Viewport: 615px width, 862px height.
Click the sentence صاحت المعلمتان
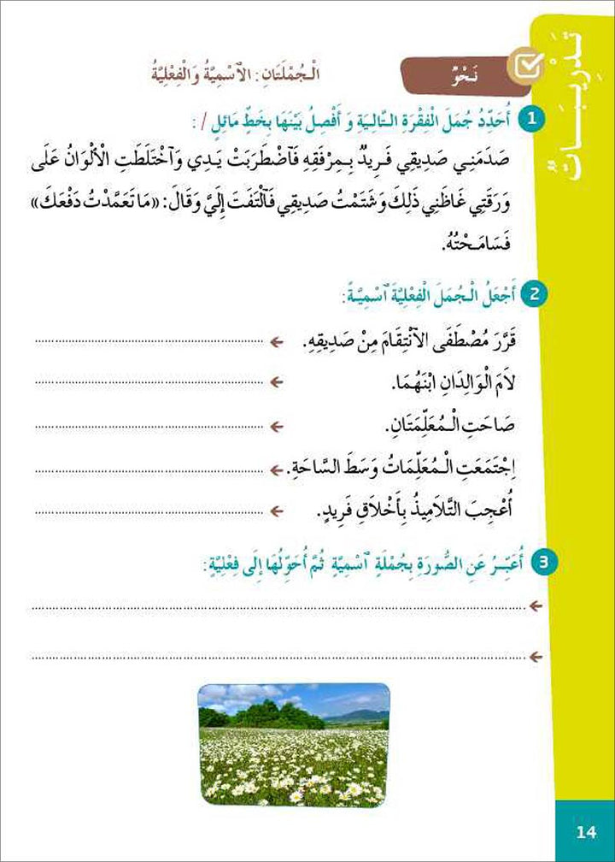448,425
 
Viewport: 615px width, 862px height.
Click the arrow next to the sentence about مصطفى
275,342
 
